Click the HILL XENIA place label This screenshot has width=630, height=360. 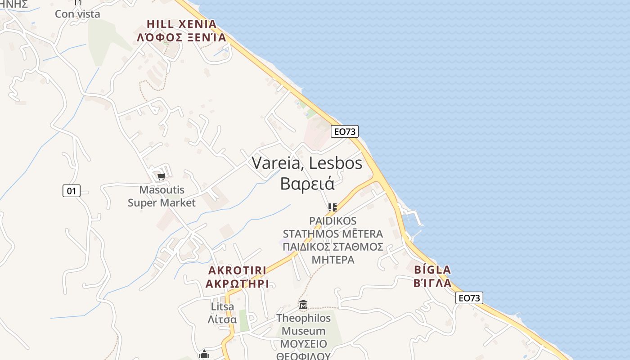point(181,24)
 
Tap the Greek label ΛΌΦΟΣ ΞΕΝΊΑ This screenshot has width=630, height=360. point(181,37)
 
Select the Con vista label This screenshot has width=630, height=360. point(77,13)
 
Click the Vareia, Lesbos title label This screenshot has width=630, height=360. point(307,163)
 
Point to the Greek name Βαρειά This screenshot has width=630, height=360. point(307,183)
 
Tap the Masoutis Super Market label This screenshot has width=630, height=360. point(162,196)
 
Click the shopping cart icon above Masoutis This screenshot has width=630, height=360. point(162,176)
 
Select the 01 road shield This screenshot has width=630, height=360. point(71,191)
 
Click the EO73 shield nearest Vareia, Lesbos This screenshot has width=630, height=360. point(345,131)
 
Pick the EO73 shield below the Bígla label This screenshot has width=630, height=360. point(469,298)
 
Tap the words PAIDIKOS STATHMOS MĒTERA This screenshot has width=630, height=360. point(333,227)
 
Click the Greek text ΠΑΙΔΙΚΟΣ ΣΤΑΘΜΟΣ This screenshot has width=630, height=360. point(333,247)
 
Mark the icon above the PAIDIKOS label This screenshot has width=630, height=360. point(333,207)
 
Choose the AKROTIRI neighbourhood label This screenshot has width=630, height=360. point(237,270)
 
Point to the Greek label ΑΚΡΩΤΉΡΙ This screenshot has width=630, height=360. point(237,283)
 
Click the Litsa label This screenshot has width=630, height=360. point(222,307)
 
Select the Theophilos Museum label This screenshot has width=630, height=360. point(303,324)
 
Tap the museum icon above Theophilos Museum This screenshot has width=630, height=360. point(303,305)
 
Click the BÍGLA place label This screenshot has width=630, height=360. point(432,270)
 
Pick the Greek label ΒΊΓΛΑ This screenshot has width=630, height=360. point(432,283)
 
